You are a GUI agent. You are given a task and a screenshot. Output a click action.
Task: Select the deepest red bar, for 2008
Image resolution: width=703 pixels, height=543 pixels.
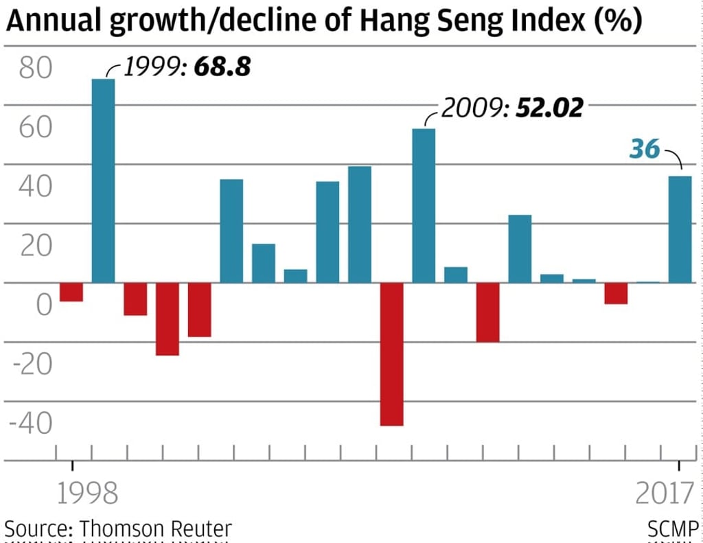point(392,354)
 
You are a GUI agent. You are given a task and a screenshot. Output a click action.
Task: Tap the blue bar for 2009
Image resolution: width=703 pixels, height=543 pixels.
point(424,205)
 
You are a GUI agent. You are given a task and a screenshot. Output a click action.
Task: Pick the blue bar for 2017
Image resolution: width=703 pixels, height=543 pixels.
point(680,229)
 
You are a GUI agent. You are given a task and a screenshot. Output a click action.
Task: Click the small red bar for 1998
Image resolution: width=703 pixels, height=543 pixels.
point(71,292)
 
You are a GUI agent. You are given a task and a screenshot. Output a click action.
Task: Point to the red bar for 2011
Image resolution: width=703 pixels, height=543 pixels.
point(488,312)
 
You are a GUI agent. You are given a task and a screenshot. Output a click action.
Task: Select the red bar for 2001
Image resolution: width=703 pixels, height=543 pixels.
point(168,319)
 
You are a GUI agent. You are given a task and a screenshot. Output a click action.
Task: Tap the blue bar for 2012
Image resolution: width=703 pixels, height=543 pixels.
point(520,249)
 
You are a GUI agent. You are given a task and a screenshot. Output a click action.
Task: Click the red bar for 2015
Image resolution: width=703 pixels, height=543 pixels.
point(616,293)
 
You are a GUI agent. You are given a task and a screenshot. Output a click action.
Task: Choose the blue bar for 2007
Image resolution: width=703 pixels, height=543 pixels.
point(360,224)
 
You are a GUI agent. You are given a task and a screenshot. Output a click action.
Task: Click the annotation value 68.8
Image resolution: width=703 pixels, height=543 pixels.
point(222,67)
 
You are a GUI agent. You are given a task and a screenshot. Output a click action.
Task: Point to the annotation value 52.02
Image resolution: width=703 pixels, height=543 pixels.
point(549,108)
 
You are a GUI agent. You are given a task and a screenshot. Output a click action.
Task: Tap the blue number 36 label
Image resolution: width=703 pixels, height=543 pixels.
point(645,148)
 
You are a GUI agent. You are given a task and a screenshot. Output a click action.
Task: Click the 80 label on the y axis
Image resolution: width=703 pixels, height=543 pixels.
point(35,69)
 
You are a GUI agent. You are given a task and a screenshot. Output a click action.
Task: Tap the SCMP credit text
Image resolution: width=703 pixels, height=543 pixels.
point(673,529)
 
